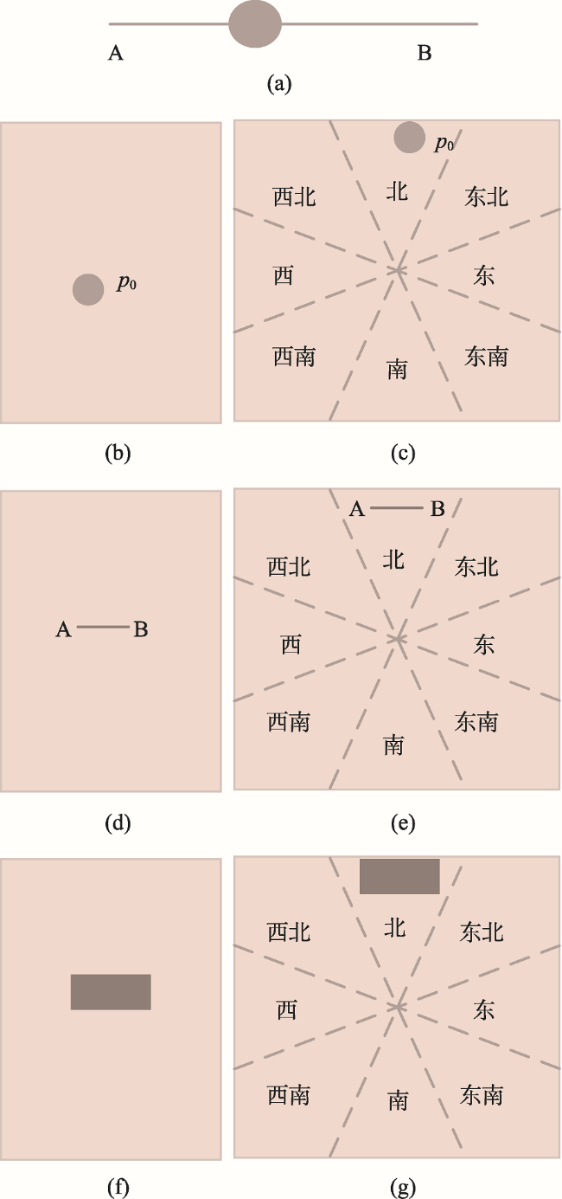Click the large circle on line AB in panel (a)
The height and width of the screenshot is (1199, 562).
(255, 24)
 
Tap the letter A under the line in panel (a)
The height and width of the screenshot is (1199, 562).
(116, 53)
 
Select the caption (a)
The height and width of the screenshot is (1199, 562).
(279, 83)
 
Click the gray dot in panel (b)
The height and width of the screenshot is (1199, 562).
(88, 290)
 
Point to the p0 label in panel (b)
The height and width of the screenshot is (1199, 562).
(127, 282)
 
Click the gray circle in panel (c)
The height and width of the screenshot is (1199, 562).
(410, 138)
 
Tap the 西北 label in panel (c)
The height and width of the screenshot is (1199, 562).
(294, 197)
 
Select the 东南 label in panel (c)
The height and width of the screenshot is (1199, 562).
(486, 357)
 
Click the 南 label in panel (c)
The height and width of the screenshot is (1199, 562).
(398, 370)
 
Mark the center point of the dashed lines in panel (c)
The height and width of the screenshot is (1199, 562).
(398, 270)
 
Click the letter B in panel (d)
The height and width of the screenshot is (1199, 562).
(141, 629)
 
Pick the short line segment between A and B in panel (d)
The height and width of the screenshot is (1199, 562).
(103, 627)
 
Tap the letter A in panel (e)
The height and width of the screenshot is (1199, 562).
(357, 509)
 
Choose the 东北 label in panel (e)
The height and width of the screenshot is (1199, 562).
(476, 567)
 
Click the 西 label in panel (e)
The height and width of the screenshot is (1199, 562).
(291, 645)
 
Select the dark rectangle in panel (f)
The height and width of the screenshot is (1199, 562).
(111, 992)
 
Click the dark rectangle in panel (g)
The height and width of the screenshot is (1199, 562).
(399, 876)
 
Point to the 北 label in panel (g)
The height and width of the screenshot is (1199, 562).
(394, 928)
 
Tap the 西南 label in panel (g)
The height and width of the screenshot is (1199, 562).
(289, 1095)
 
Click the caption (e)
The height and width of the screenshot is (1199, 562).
(403, 823)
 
